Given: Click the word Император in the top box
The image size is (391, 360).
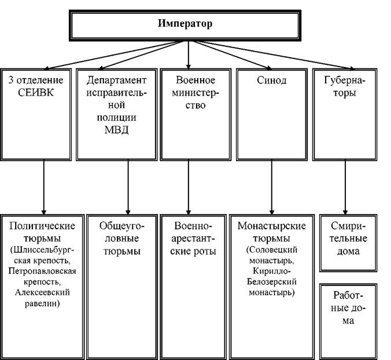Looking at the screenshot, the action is pos(185,24).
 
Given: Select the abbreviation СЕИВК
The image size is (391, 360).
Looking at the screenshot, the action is pos(36,93).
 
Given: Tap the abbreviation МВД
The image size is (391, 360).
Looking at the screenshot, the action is pos(116,130).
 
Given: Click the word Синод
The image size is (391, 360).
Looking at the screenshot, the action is pos(271,80).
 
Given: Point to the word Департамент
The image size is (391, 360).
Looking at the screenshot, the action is pos(116,80).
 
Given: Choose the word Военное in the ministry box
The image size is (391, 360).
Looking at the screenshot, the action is pos(195,80).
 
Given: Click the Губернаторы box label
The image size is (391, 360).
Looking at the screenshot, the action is pos(345,86).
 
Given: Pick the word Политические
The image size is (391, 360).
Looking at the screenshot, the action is pos(42,226).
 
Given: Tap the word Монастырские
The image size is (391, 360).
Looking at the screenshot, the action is pos(271,226).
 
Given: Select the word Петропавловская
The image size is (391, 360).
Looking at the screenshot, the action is pos(42,271).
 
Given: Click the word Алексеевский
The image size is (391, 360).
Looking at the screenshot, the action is pos(42,292).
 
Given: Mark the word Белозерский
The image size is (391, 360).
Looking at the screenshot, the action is pos(271,282).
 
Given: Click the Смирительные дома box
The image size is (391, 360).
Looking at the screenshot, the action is pos(348,243).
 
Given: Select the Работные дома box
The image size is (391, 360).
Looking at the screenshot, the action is pos(348,322).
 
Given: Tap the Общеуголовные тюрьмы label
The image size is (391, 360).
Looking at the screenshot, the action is pos(121,238).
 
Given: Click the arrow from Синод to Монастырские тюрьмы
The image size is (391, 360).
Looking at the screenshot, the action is pos(271,187).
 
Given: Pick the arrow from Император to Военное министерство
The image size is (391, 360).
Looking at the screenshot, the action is pos(188,55).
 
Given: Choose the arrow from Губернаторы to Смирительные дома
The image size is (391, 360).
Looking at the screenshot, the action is pos(345,187).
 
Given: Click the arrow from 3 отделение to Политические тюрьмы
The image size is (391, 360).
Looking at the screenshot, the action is pos(44,187).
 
